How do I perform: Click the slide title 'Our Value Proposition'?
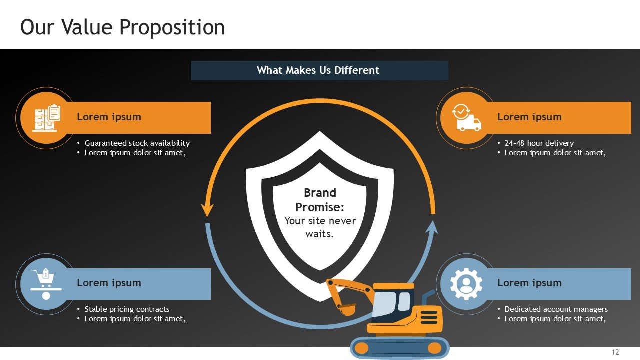122,27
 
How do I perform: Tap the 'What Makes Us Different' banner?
319,70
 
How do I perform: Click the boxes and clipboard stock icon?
46,118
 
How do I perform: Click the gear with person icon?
466,284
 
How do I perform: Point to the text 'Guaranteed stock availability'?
137,143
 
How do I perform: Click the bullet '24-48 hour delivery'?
539,143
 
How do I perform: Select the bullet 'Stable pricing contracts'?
127,309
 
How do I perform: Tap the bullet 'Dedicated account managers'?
556,309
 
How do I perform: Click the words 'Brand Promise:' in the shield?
320,200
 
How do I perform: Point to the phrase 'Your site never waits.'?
320,227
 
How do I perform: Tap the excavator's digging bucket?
346,309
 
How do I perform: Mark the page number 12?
615,352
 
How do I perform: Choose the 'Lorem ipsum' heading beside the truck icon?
529,117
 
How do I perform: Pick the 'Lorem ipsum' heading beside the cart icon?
109,283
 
